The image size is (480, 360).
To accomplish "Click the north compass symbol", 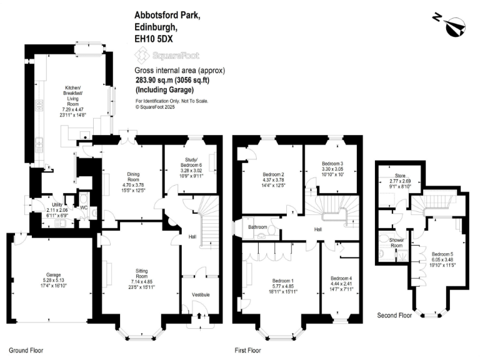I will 453,26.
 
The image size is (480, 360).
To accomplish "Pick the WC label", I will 84,207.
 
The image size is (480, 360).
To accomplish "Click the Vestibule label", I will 200,294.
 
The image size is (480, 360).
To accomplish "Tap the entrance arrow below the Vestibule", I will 199,316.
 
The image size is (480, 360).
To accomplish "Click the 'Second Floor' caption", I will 394,316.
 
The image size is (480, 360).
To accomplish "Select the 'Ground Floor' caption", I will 26,351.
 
